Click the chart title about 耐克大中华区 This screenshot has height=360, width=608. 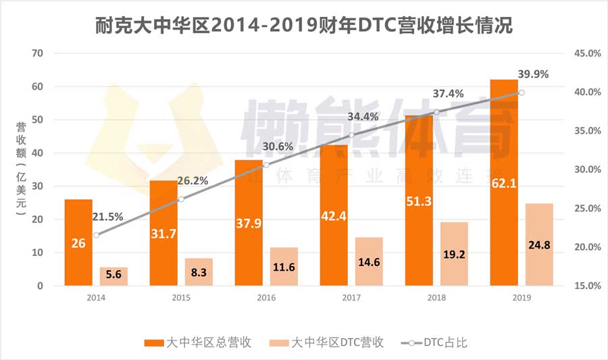(303, 25)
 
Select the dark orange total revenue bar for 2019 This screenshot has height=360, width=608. (504, 182)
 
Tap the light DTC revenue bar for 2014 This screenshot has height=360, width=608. (113, 276)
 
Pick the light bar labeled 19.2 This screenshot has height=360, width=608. (454, 254)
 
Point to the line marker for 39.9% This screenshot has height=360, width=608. (521, 93)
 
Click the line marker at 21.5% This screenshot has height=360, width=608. (96, 235)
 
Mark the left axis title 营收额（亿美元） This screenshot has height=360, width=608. (21, 169)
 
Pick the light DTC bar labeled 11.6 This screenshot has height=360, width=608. (284, 266)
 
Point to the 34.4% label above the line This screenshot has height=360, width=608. (363, 117)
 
